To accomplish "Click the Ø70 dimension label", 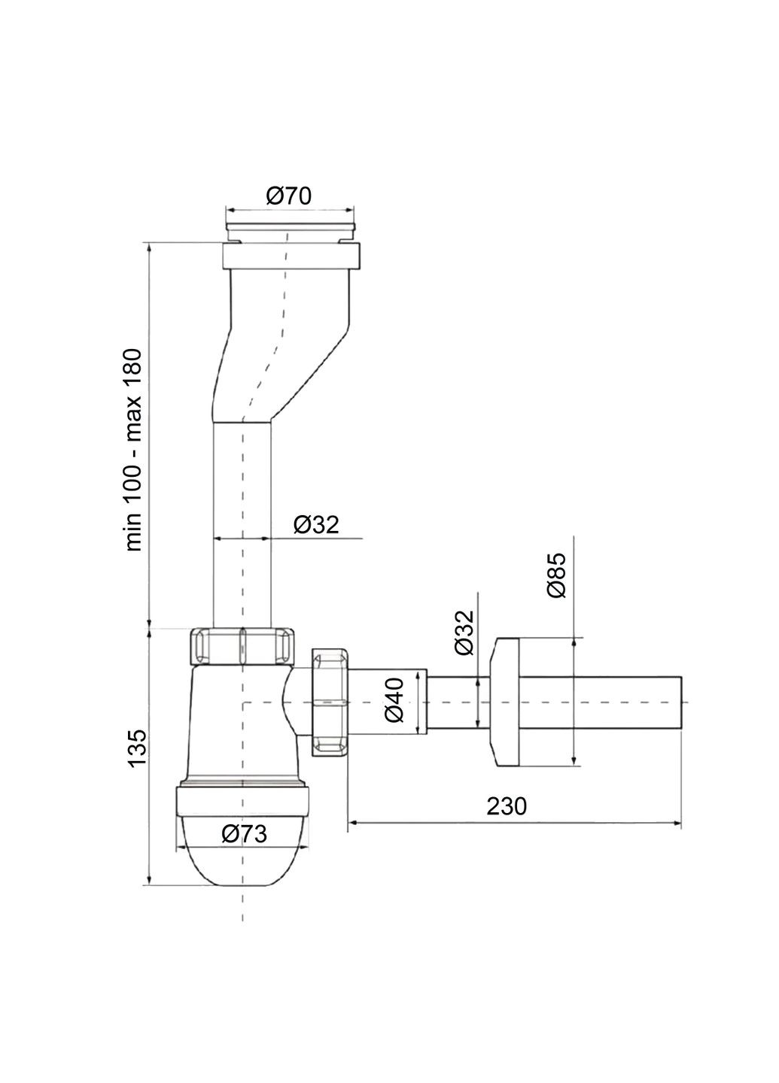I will [289, 196].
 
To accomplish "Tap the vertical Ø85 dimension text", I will [556, 575].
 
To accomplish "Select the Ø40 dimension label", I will [396, 700].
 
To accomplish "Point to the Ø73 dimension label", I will [245, 833].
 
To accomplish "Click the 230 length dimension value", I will [507, 806].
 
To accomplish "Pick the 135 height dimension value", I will [136, 748].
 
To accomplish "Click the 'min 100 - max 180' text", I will [133, 450].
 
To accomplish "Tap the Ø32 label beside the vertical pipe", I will [316, 524].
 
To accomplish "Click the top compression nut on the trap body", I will [242, 645].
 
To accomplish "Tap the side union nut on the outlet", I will [330, 701].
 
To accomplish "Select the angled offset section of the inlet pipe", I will [278, 353].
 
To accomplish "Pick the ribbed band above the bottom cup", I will [242, 800].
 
